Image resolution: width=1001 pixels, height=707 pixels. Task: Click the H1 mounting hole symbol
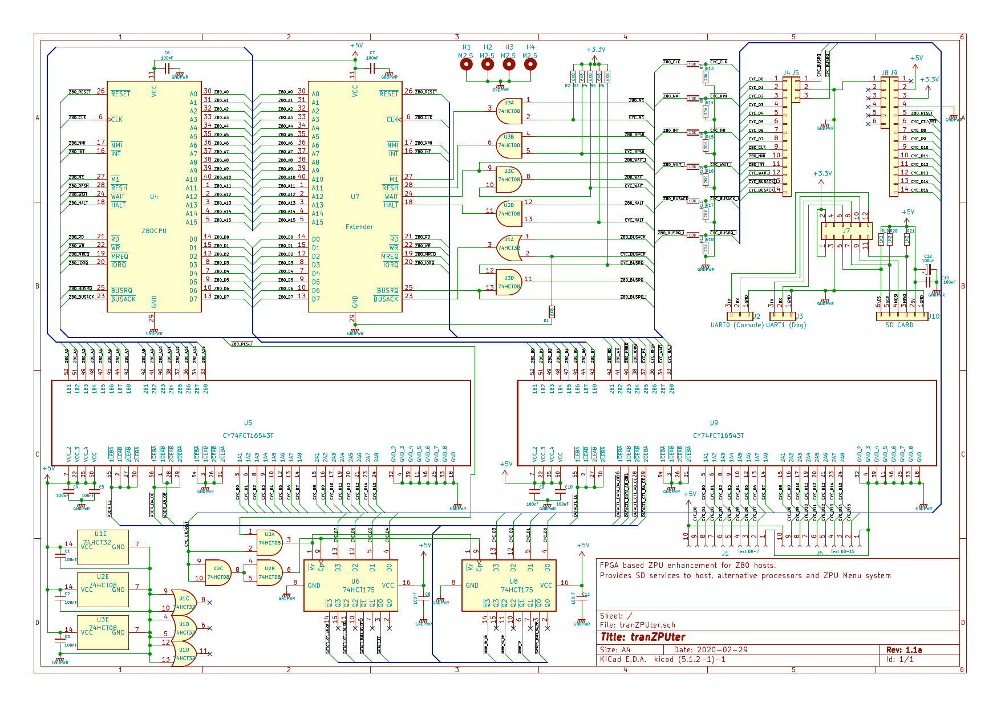467,64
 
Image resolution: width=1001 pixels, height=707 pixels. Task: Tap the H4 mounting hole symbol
530,64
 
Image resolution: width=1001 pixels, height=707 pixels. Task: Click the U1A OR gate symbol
509,247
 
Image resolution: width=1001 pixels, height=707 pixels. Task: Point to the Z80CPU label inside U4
154,231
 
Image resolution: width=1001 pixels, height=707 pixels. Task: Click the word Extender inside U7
359,227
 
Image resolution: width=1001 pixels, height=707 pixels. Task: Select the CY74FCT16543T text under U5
248,436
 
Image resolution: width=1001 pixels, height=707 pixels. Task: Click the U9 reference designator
714,423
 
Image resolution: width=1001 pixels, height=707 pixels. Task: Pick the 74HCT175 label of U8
517,590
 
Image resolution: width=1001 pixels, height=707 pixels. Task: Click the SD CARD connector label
899,325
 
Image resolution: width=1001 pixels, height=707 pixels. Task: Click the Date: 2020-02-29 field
711,649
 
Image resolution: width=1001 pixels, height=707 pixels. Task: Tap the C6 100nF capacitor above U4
167,68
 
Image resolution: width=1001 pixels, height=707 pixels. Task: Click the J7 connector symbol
846,231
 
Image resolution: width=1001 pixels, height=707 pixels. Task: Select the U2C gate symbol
218,572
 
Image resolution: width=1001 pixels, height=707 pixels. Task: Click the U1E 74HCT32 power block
103,547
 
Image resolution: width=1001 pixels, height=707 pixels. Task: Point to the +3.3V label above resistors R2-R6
596,50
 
